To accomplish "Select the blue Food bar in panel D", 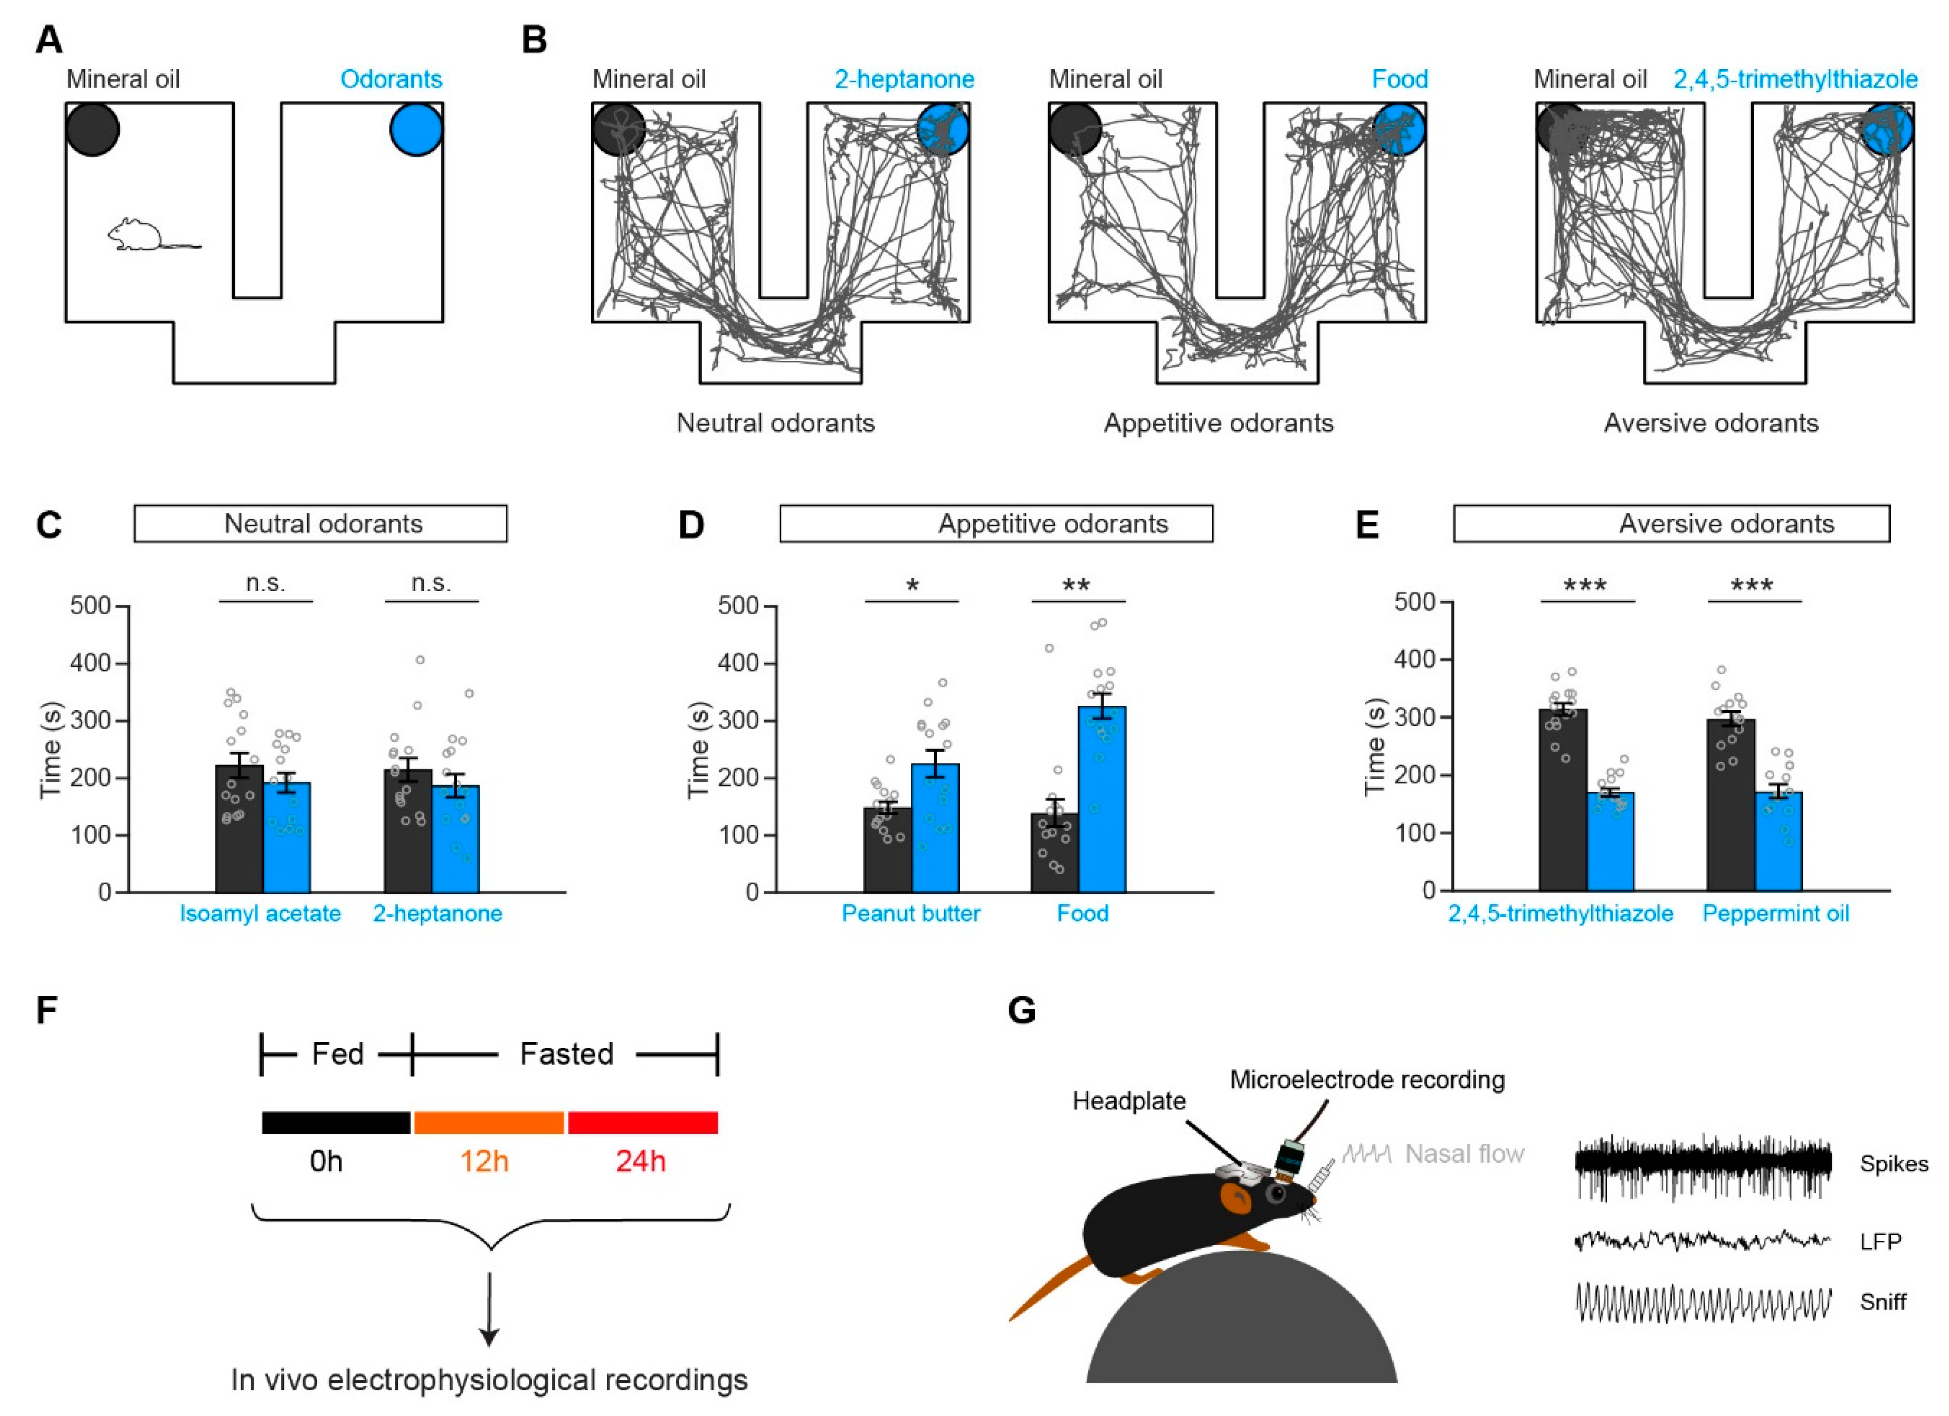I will (x=1102, y=799).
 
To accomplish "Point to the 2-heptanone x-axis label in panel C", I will (x=438, y=913).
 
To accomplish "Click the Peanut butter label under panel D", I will (x=910, y=913).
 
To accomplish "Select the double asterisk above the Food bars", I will (x=1076, y=586).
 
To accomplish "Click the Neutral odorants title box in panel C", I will (x=320, y=523).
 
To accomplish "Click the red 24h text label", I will (x=640, y=1162).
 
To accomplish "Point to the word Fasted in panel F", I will (x=566, y=1054).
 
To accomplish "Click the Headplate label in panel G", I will (x=1128, y=1101).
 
